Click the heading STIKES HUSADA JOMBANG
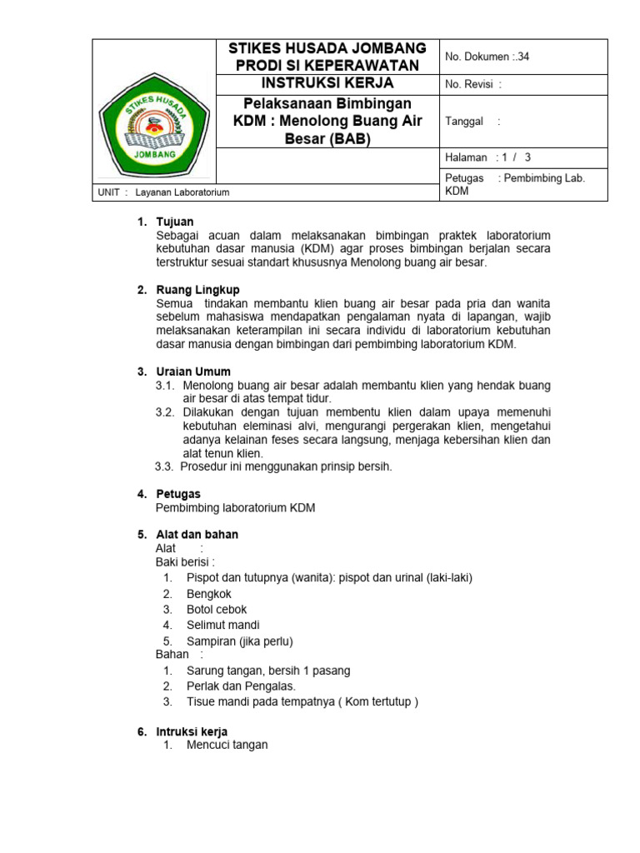[x=327, y=48]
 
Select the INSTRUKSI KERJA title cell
[x=327, y=84]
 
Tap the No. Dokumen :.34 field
[x=487, y=57]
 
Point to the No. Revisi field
[x=473, y=84]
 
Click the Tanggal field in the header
[x=472, y=121]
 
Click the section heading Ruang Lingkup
[x=197, y=289]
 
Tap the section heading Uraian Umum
[x=193, y=372]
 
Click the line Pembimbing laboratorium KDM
[x=235, y=508]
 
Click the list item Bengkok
[x=209, y=594]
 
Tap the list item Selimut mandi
[x=222, y=625]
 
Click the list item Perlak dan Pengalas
[x=241, y=686]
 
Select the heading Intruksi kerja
[x=192, y=731]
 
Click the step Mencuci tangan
[x=227, y=745]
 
